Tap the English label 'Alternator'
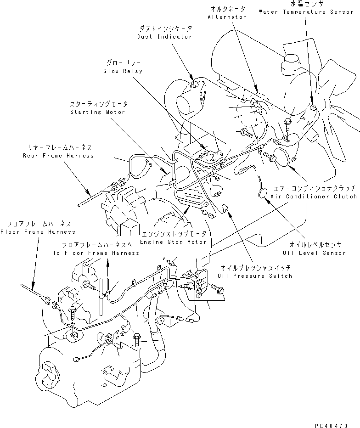pos(227,17)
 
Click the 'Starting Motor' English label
pos(97,112)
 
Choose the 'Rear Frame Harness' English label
pos(58,156)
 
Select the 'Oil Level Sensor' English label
pos(315,253)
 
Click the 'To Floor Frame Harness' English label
pos(96,253)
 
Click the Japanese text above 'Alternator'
pos(227,9)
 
